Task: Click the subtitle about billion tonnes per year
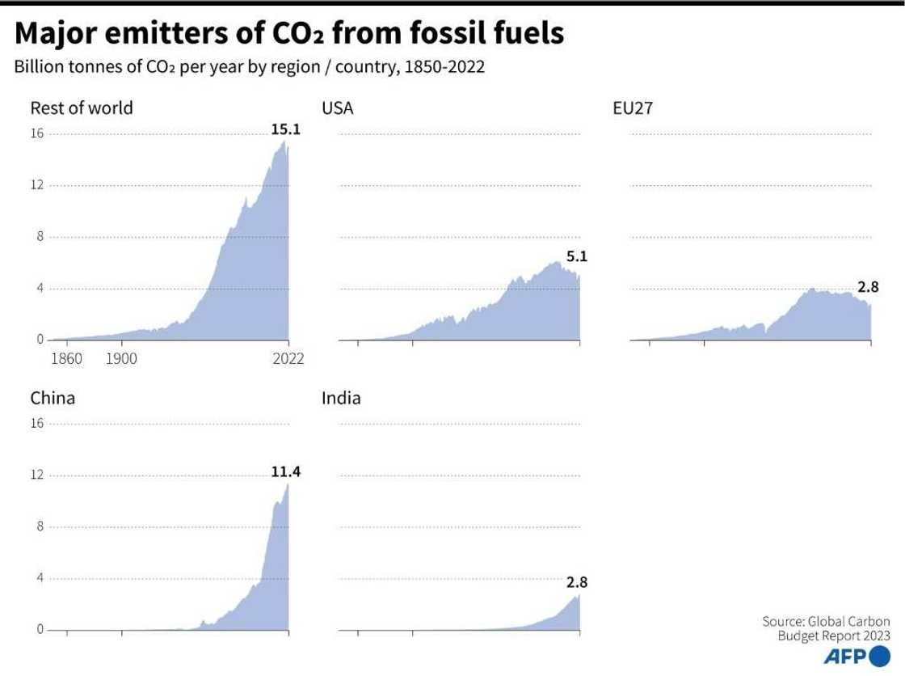pos(249,67)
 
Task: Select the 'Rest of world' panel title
pos(81,108)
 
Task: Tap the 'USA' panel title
pos(338,108)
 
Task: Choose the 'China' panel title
pos(53,398)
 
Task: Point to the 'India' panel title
pos(341,398)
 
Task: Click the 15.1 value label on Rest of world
pos(285,128)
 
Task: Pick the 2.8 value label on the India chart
pos(577,581)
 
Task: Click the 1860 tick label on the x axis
pos(66,358)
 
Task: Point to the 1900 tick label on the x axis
pos(120,358)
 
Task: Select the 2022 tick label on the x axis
pos(288,358)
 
